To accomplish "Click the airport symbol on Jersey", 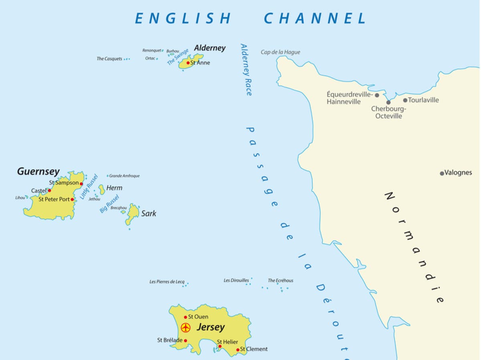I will [x=185, y=328].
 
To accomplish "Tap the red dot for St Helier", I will [x=220, y=346].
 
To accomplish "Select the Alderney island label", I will [x=210, y=48].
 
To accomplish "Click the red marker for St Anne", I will [x=188, y=63].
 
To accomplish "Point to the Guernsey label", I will [x=38, y=172].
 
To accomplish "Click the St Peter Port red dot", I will [x=72, y=199].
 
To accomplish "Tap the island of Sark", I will [x=132, y=213].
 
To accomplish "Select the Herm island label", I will [x=114, y=188].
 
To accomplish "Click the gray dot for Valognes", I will [x=442, y=173].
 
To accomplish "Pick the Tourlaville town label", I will [x=423, y=100].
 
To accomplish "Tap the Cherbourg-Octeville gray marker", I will [x=388, y=103].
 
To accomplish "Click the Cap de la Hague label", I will [x=280, y=52].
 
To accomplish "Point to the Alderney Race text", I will [x=246, y=69].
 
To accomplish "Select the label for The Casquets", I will [x=109, y=59].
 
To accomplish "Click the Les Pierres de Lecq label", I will [x=167, y=282].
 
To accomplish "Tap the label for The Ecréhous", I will [x=280, y=281].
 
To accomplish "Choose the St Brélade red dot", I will [x=185, y=341].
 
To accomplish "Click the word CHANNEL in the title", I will [x=315, y=18].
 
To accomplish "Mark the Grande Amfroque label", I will [x=124, y=176].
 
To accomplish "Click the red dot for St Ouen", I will [x=185, y=317].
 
